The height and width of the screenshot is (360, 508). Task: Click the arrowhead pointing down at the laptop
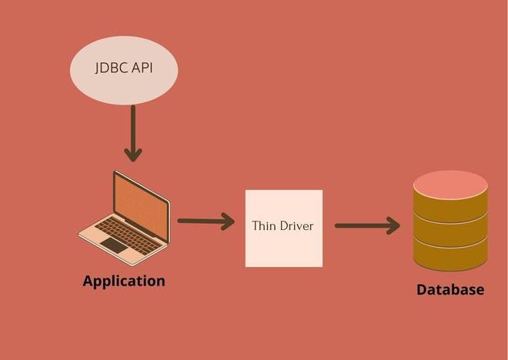coord(133,155)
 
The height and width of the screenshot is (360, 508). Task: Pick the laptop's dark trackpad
coord(114,245)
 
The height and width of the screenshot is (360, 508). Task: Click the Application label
coord(124,281)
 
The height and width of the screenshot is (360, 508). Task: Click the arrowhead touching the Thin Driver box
coord(229,222)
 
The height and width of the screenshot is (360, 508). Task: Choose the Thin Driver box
coord(283,228)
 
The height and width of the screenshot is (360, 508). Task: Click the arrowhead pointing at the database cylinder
coord(394,225)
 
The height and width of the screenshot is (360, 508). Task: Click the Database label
coord(450,290)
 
